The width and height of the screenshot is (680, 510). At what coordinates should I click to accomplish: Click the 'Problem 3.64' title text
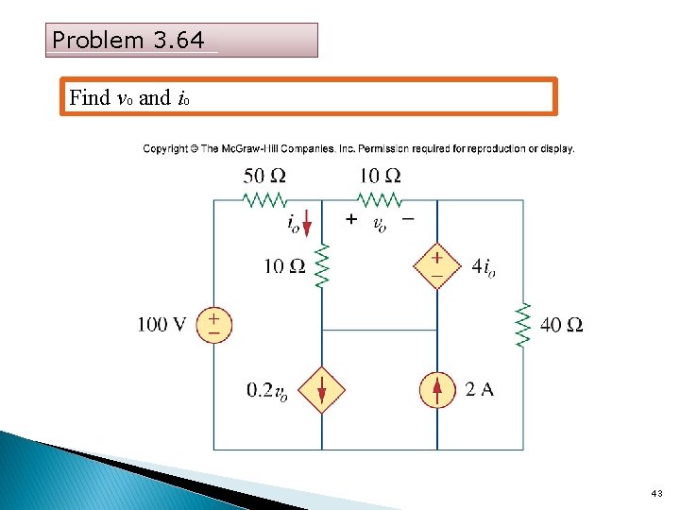coord(128,41)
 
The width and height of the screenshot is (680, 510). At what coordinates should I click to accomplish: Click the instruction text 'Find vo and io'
coord(131,97)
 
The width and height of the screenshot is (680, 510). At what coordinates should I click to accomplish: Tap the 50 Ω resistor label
coord(264,176)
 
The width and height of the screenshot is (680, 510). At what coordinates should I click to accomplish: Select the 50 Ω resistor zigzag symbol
coord(265,200)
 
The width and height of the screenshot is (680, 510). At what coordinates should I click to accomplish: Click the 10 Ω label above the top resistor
coord(379,176)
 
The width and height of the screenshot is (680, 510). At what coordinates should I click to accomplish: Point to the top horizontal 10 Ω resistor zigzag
coord(380,200)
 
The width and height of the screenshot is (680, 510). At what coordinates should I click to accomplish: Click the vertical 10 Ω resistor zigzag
coord(322,265)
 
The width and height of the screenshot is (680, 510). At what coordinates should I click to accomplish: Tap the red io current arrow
coord(306,228)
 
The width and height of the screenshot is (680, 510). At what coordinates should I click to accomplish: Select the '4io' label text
coord(484,267)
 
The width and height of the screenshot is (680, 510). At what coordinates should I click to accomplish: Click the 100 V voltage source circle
coord(214,326)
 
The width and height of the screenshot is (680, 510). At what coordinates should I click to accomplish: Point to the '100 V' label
coord(161,326)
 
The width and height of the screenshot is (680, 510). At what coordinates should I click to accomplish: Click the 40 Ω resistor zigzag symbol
coord(523,326)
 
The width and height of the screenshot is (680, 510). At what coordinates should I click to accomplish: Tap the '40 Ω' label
coord(561,326)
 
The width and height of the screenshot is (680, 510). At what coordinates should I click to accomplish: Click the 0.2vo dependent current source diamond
coord(322,389)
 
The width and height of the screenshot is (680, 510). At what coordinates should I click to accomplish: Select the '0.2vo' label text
coord(267,391)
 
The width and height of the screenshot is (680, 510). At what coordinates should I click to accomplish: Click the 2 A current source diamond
coord(436,389)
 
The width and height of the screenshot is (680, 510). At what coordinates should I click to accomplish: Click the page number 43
coord(657,494)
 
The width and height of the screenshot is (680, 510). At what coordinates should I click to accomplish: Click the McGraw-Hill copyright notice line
coord(359,148)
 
